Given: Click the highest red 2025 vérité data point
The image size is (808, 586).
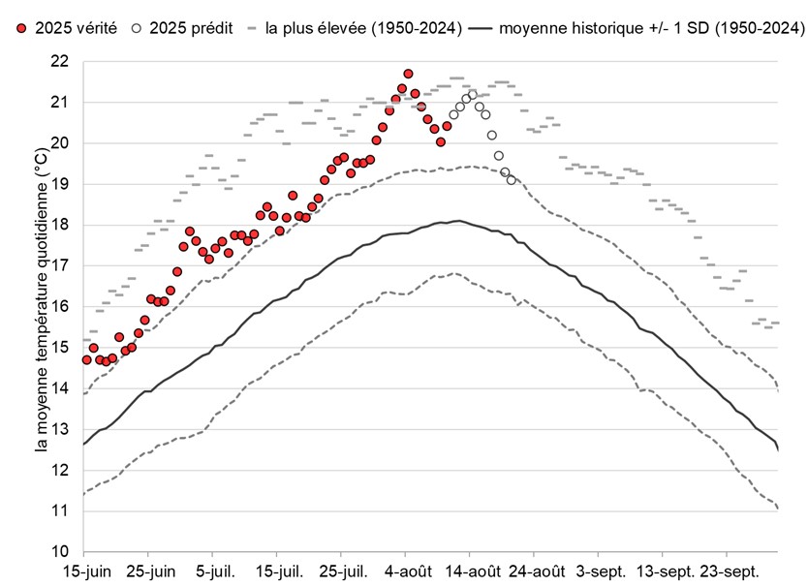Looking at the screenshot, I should click(x=408, y=74).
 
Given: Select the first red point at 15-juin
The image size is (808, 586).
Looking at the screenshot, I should click(x=87, y=359).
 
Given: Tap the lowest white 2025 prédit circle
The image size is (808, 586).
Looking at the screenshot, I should click(x=511, y=180).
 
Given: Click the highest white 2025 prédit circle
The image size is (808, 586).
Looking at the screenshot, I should click(x=473, y=94).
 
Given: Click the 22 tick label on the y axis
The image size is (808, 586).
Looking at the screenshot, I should click(x=60, y=61).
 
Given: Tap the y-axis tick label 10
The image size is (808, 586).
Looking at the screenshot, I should click(x=60, y=551).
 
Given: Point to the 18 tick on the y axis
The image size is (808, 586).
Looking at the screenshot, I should click(x=60, y=225).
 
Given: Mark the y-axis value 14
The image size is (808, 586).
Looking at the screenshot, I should click(x=60, y=388).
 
